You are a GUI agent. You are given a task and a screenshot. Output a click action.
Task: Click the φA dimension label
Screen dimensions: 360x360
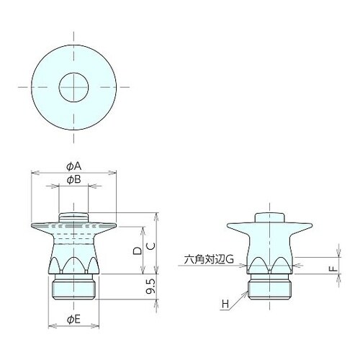coord(74,166)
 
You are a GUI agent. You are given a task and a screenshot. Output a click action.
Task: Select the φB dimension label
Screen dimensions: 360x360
coord(74,179)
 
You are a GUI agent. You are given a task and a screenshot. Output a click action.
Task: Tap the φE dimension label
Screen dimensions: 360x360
coord(73,320)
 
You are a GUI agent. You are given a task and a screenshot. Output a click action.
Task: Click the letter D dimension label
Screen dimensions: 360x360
coord(138,251)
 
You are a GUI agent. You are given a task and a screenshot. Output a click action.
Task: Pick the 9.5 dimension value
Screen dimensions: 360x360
coord(150,287)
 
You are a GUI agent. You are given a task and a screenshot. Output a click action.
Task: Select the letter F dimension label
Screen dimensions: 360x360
coord(333,269)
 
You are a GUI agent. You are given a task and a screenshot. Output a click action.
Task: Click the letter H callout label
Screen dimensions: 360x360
coord(225,305)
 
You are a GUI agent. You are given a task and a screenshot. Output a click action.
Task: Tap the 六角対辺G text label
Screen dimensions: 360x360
coord(209,259)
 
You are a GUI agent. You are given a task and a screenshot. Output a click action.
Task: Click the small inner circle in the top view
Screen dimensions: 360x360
coord(73,73)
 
